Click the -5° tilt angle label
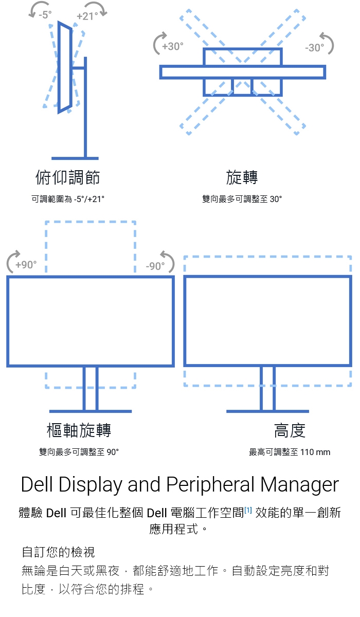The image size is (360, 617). pos(45,14)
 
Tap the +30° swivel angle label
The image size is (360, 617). pos(172,46)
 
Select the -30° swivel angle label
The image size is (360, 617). pos(314,47)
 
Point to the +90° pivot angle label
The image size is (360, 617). pos(26,265)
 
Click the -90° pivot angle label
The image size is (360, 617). pos(155,266)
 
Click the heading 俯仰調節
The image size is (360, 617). pos(67,177)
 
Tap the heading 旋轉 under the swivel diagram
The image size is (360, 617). pos(242,177)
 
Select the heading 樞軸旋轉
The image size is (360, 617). pos(79,430)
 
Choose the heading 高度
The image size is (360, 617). pos(290,430)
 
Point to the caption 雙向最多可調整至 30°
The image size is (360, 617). pos(242,198)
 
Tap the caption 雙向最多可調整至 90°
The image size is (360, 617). pos(79,452)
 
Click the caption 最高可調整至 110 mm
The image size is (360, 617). pos(290,452)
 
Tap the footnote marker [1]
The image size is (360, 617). pos(248,510)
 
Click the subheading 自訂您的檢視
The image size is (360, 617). pos(58,552)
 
